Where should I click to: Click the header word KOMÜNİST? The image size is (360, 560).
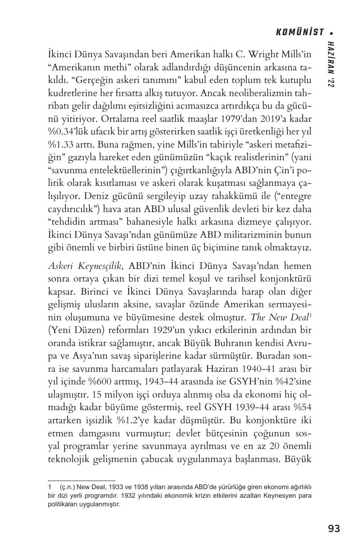coord(300,32)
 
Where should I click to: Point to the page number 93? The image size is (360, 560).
coord(334,528)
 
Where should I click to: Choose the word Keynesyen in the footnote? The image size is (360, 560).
coord(281,495)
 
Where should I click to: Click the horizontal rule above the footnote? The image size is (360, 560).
coord(82,480)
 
